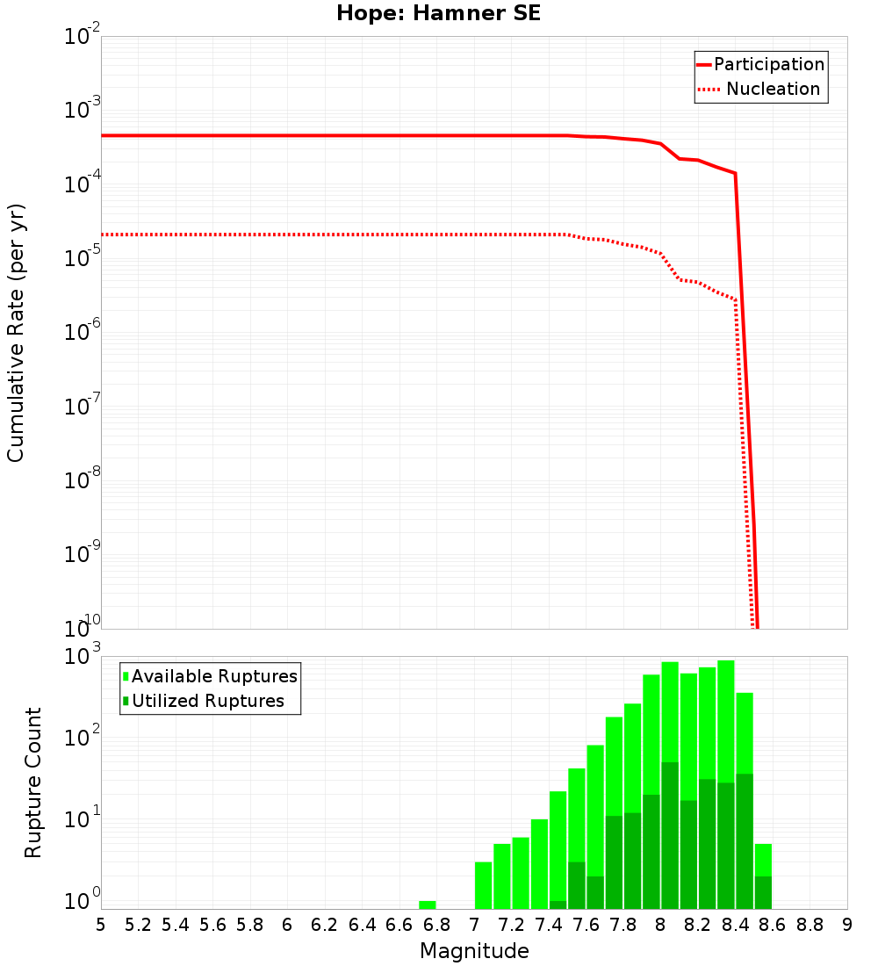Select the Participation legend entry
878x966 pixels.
coord(768,64)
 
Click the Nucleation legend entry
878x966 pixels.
coord(772,89)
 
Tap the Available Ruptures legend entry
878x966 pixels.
coord(214,676)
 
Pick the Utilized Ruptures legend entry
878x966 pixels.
coord(207,701)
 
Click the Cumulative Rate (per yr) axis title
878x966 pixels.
coord(16,333)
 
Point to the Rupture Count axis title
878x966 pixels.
coord(33,782)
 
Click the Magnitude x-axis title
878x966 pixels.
coord(474,951)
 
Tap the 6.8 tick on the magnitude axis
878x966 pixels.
coord(436,925)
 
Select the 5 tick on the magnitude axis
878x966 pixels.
coord(101,925)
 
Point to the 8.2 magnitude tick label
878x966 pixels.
coord(698,925)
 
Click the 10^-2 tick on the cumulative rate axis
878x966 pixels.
coord(83,38)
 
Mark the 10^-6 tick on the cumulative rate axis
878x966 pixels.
coord(83,332)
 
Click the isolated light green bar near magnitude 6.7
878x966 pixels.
coord(428,905)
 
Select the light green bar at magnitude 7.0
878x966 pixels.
coord(483,885)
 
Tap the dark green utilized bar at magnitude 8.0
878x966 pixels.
coord(670,834)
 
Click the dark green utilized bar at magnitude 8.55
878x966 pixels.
coord(763,892)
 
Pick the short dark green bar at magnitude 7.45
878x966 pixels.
coord(558,905)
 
